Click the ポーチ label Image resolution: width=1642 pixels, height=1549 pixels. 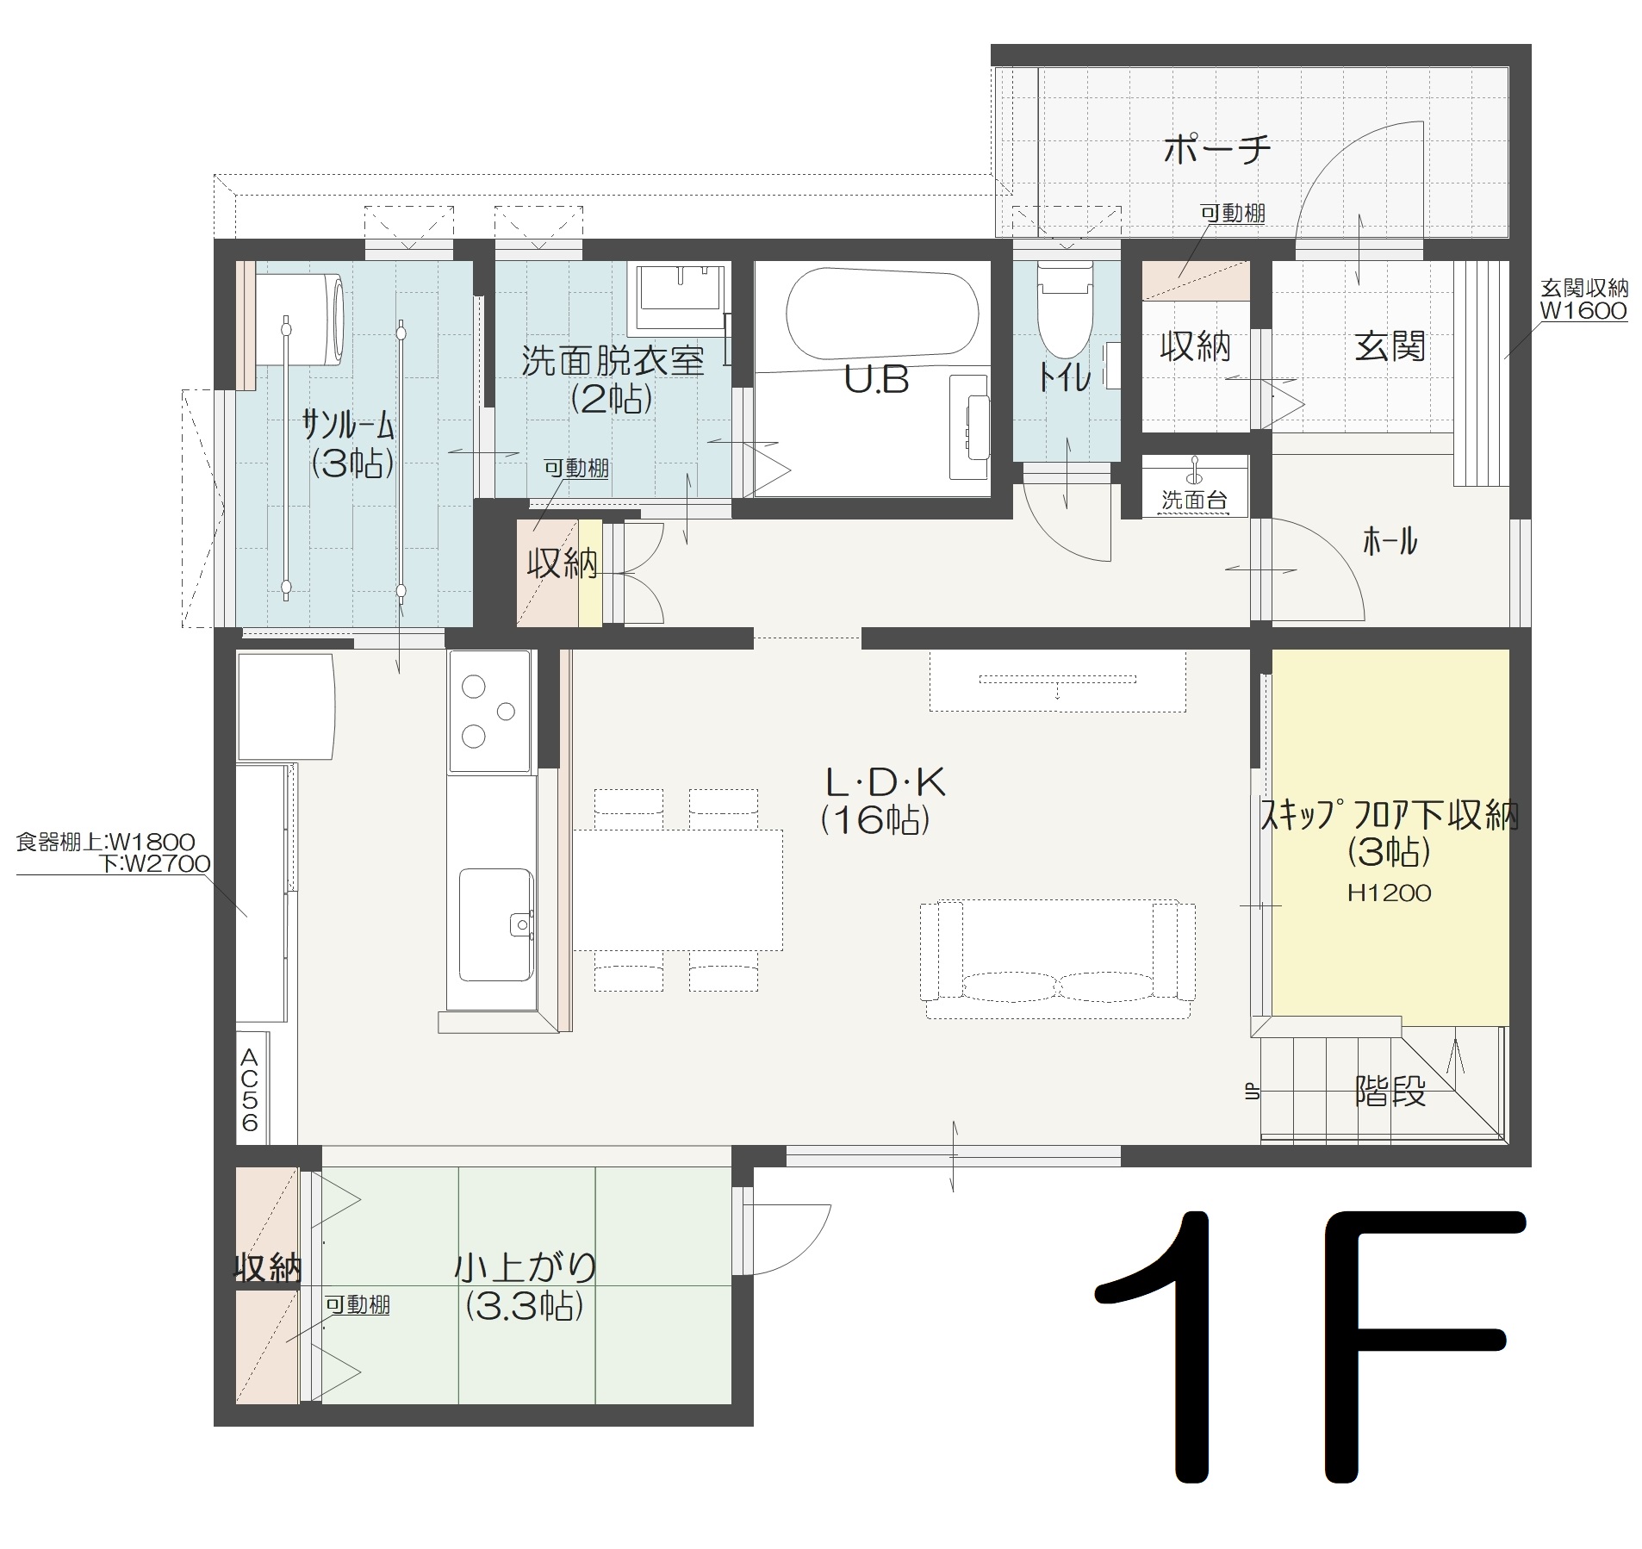click(1216, 150)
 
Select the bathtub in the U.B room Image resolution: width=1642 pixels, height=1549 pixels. click(882, 314)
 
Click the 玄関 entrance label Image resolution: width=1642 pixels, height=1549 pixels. click(1389, 346)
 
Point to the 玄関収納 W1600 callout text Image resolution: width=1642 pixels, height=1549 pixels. click(1583, 300)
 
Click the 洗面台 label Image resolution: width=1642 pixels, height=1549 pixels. click(1194, 500)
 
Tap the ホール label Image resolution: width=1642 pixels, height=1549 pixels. click(1390, 542)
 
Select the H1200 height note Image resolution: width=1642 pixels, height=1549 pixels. click(1390, 893)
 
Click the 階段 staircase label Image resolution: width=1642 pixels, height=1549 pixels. click(1390, 1092)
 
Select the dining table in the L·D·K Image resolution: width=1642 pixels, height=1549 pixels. click(678, 890)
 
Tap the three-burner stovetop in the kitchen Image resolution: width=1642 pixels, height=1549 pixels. click(488, 712)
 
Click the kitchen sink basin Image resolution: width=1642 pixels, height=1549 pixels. click(494, 924)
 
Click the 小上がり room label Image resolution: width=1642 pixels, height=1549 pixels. click(526, 1267)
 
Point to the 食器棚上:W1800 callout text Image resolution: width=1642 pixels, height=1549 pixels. click(105, 842)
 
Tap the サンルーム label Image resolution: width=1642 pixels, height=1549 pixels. click(349, 425)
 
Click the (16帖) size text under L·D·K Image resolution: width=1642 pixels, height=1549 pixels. click(875, 819)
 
